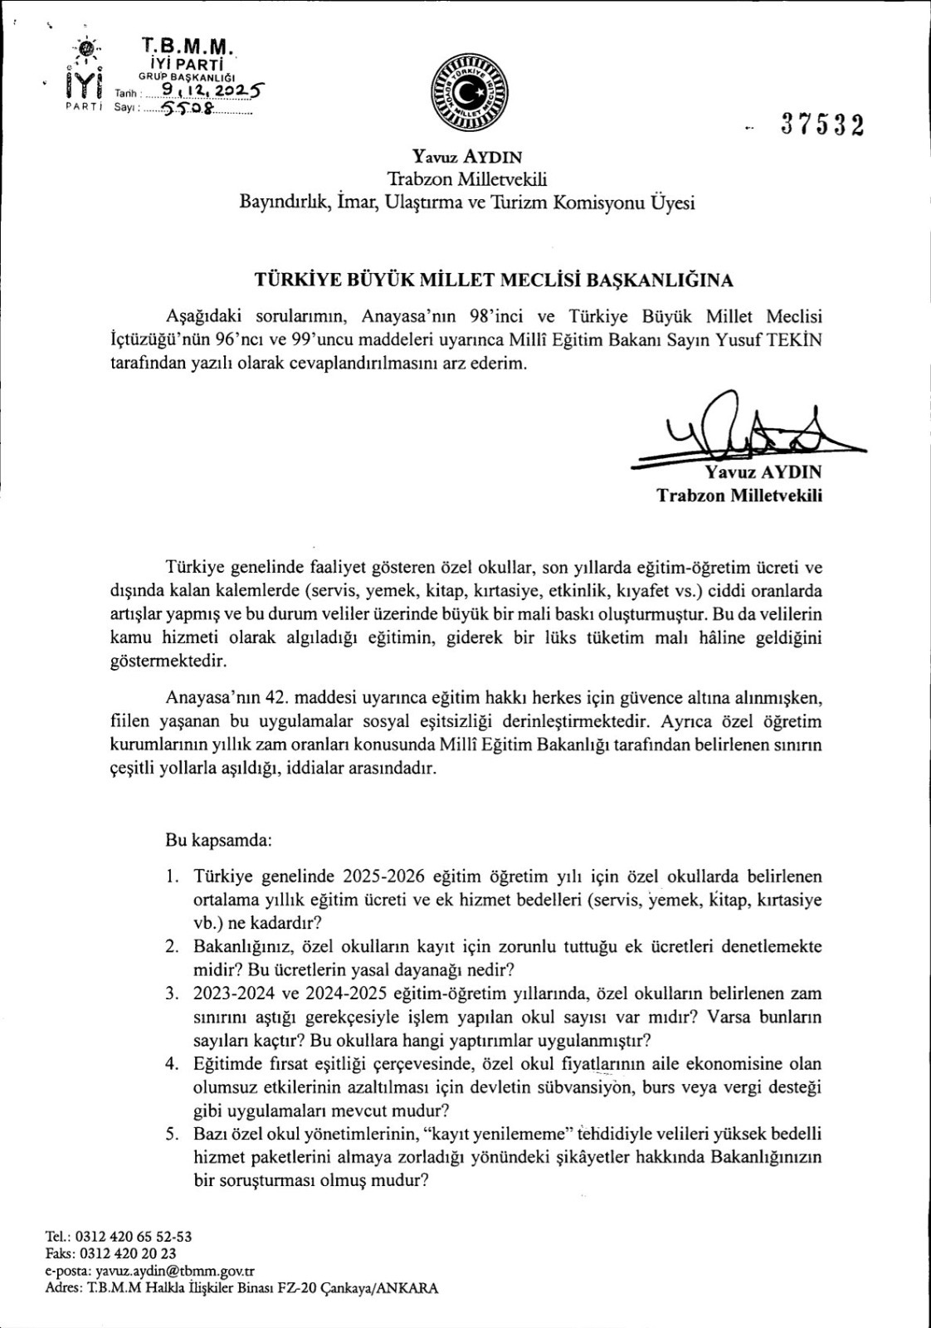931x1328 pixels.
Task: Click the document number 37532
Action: pyautogui.click(x=821, y=125)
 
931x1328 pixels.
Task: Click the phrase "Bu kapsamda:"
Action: pyautogui.click(x=219, y=840)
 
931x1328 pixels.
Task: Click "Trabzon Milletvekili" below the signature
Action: pyautogui.click(x=739, y=495)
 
